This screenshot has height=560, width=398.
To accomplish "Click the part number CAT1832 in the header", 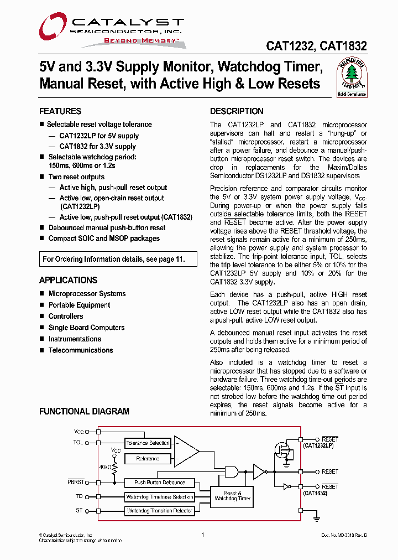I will tap(344, 48).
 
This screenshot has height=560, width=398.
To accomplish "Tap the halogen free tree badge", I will tap(352, 77).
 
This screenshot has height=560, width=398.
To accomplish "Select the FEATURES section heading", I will tap(60, 111).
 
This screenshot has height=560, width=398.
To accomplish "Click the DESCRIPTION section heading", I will tap(237, 111).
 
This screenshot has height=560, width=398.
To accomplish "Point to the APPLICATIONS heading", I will tap(68, 280).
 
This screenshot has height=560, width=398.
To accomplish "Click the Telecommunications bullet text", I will tap(81, 350).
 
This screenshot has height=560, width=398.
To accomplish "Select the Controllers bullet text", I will tap(66, 317).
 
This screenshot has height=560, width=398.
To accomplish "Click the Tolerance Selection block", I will tap(148, 443).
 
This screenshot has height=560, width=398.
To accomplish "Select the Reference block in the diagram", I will tap(148, 459).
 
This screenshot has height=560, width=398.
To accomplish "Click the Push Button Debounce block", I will tap(160, 483).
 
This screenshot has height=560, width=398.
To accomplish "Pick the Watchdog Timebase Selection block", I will tap(160, 497).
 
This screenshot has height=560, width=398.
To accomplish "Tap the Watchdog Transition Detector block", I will tap(160, 511).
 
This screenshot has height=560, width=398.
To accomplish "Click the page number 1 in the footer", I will tap(203, 535).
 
